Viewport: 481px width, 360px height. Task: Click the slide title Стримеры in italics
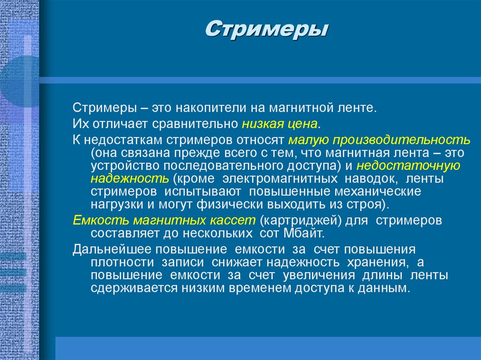point(267,29)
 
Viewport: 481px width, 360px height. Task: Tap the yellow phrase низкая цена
point(280,124)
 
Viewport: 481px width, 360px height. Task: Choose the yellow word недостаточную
point(408,166)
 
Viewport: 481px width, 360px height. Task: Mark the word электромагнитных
point(280,179)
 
